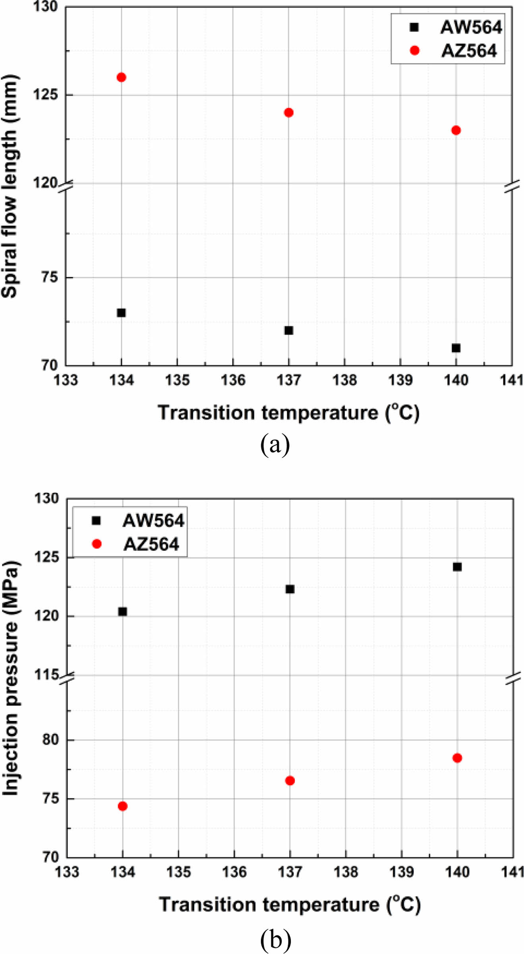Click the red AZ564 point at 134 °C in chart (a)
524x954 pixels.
[121, 77]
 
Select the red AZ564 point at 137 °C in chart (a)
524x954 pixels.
[289, 112]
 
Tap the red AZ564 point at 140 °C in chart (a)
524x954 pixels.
[456, 130]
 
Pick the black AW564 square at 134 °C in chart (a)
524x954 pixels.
[121, 313]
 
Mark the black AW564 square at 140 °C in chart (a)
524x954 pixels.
[456, 348]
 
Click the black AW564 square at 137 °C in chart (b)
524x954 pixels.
[290, 589]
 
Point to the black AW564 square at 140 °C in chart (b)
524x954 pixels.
[457, 567]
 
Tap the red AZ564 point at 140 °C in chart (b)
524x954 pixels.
[457, 758]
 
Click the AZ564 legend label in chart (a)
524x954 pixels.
[469, 51]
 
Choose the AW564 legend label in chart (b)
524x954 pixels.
[153, 521]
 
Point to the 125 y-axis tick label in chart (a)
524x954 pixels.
[45, 95]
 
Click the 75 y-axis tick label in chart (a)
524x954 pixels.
[49, 277]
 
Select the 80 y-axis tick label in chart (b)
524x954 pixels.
[50, 740]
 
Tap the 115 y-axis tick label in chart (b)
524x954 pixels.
[46, 674]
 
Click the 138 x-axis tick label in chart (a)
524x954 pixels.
[344, 380]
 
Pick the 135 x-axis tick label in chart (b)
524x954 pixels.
[178, 872]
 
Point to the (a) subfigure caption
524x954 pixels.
[275, 445]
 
